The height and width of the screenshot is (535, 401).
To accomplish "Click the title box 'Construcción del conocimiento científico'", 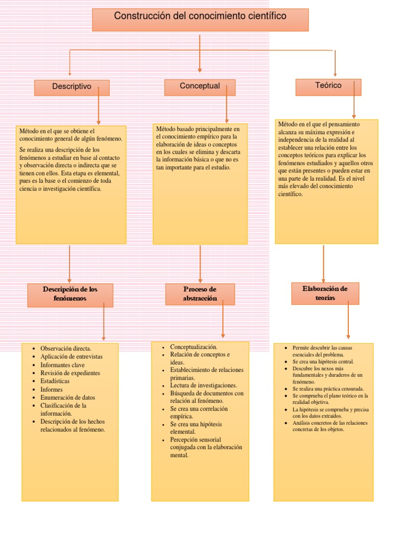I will click(x=200, y=19).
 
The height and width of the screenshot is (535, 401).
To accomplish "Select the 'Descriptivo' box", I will click(x=72, y=87).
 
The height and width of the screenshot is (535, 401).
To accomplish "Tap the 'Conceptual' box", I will click(x=199, y=87).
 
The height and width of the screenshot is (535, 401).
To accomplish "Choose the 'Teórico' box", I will click(x=328, y=86).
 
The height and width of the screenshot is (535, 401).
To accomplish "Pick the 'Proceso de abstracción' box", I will click(x=200, y=294).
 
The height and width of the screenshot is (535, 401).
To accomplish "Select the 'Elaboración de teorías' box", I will click(x=325, y=293).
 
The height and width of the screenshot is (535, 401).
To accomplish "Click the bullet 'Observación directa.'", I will click(x=66, y=348).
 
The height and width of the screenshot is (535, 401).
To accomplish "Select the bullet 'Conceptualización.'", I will click(x=194, y=347).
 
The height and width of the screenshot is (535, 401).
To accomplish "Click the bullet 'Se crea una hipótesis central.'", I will click(x=323, y=361).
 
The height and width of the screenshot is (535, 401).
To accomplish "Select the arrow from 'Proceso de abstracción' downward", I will click(x=223, y=319).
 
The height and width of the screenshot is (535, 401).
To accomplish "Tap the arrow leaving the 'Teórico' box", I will click(x=354, y=99).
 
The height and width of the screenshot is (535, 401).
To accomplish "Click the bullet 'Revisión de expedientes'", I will click(x=70, y=373).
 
